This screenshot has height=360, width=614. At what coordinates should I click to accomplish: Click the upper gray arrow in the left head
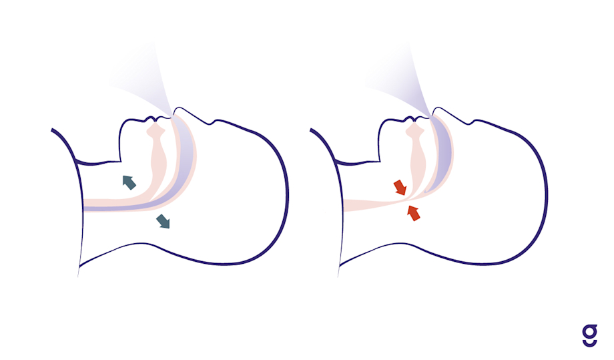point(129,182)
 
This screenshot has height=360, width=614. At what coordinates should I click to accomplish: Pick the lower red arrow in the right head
point(414,213)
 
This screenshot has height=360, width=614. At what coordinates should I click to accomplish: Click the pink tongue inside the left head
point(158,154)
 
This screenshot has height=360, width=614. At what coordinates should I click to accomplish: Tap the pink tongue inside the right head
point(418,154)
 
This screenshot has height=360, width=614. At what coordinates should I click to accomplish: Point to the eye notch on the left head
point(212,123)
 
